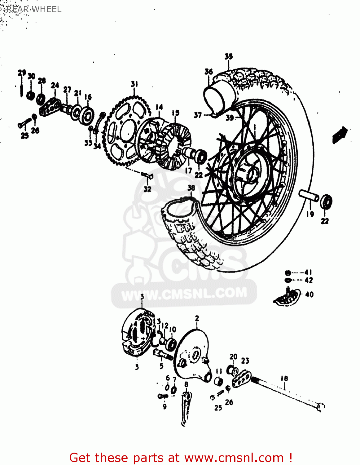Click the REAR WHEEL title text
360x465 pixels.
[34, 9]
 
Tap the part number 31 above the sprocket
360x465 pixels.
[134, 84]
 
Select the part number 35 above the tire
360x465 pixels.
[229, 56]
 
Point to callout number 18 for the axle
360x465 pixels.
[284, 379]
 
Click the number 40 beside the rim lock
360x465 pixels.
[309, 294]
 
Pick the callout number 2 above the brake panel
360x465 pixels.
[197, 319]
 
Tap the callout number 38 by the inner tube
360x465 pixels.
[191, 188]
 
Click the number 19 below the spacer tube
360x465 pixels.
[310, 214]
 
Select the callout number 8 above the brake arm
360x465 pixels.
[186, 385]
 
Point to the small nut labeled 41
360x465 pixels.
[288, 273]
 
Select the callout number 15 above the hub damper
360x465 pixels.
[175, 113]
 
